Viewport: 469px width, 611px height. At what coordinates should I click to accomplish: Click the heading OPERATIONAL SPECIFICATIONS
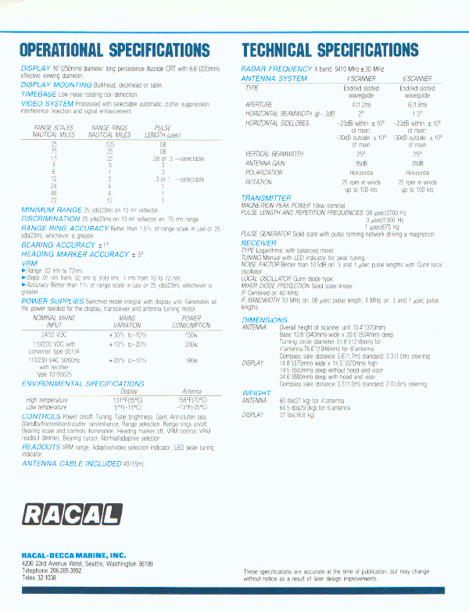coord(115,51)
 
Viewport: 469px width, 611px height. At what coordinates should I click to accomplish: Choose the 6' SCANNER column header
coord(417,79)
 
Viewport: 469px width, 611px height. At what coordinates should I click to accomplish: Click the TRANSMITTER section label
coord(266,198)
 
